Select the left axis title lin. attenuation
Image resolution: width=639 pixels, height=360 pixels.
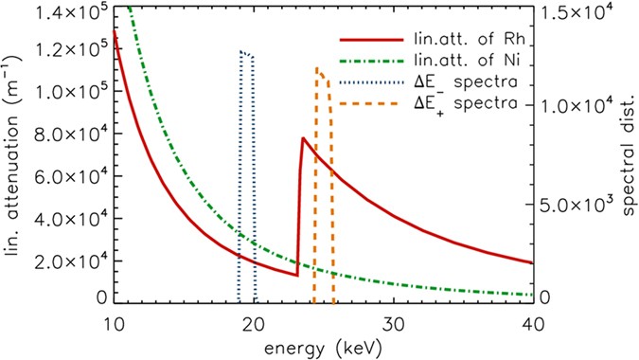(x=15, y=156)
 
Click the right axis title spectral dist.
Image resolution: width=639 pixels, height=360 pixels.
(x=627, y=156)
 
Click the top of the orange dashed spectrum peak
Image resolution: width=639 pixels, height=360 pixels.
(x=317, y=68)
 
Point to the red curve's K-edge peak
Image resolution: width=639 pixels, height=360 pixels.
(x=302, y=138)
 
